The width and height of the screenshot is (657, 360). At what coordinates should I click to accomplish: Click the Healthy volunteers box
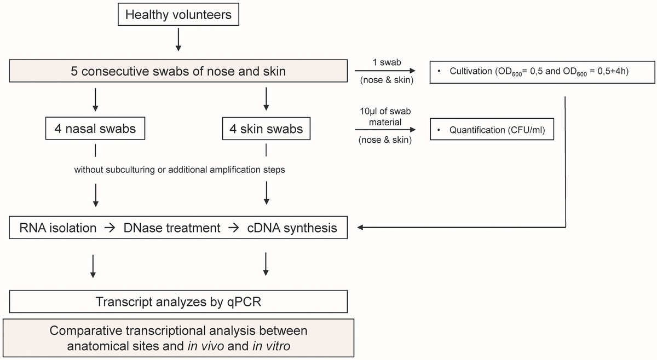click(x=178, y=15)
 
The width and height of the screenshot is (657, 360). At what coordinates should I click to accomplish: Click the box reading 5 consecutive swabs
click(x=178, y=71)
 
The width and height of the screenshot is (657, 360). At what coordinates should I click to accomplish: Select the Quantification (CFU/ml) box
click(x=492, y=130)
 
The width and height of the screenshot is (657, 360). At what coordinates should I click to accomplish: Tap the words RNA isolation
click(x=58, y=227)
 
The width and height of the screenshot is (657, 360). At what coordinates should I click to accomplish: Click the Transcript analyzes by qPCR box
click(x=178, y=301)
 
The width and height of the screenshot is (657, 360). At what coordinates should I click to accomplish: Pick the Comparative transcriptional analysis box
click(x=178, y=339)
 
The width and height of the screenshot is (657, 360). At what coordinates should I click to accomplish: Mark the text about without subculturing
click(x=180, y=170)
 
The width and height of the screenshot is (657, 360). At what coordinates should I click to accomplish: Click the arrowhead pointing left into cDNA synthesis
click(x=361, y=227)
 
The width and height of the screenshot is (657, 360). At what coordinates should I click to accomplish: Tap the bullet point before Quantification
click(x=439, y=130)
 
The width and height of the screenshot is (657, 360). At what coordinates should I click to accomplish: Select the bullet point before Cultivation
click(x=439, y=72)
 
